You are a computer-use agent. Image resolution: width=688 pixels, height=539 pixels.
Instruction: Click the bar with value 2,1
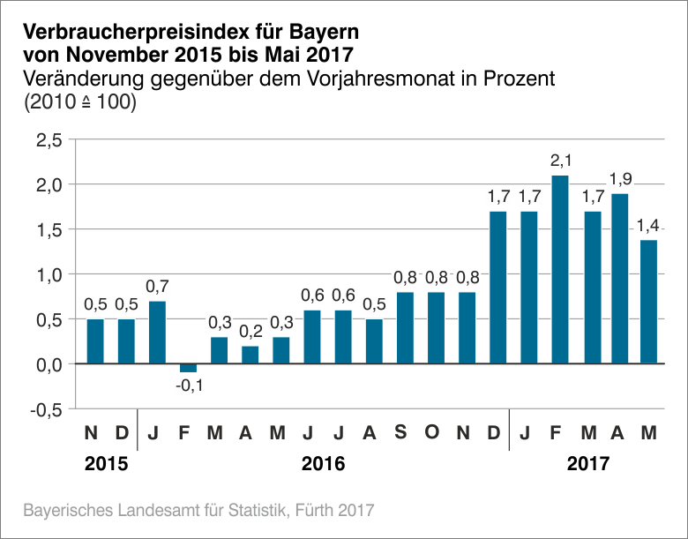pos(560,269)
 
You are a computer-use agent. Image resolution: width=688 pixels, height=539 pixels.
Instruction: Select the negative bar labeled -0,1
pos(189,368)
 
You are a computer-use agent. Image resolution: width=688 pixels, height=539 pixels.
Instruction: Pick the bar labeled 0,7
pos(158,333)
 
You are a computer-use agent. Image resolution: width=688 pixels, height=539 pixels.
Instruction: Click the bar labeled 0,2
pos(251,355)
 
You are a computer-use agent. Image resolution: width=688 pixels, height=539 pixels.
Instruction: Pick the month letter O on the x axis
pos(431,433)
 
